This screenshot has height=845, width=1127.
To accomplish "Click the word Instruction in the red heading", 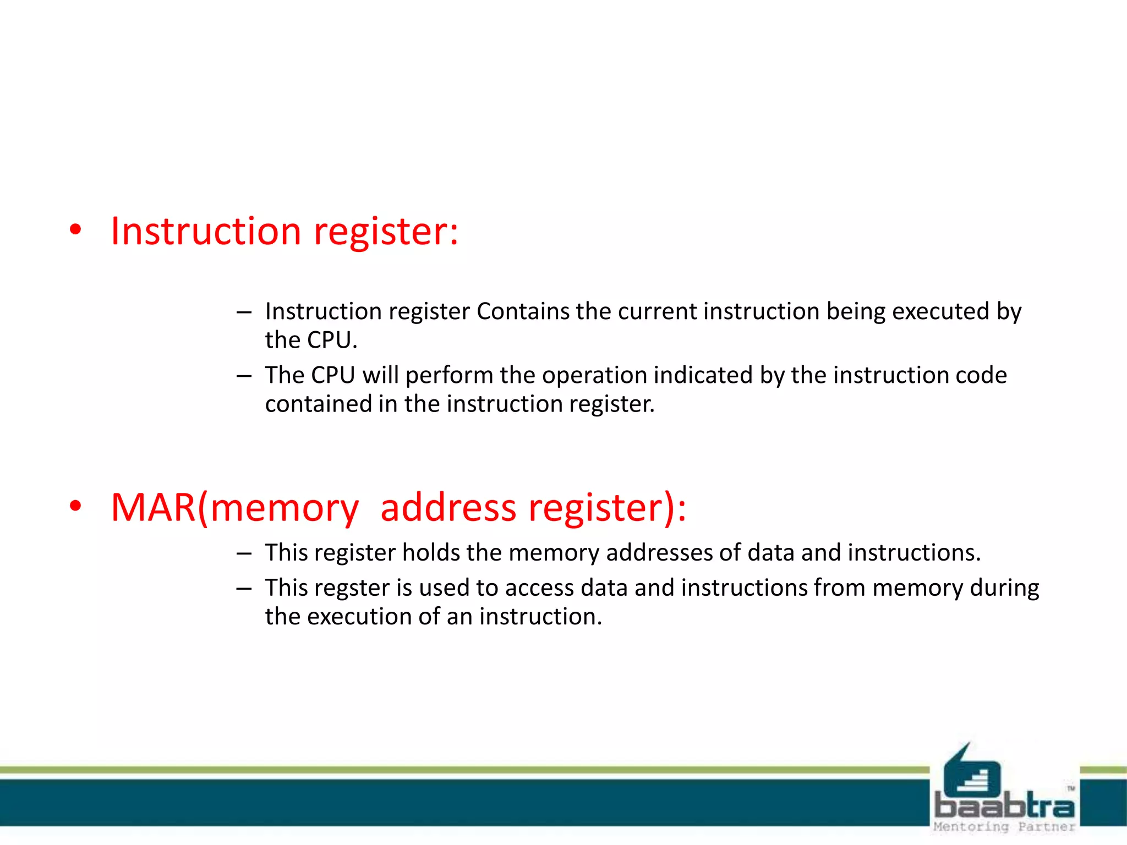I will (206, 231).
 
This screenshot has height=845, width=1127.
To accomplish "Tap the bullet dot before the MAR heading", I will (76, 506).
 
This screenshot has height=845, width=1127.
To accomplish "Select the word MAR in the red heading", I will (154, 507).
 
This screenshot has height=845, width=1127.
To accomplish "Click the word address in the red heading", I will (448, 507).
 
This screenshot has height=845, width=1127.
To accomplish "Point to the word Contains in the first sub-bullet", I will (523, 311).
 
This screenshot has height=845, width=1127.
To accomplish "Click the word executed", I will (940, 311).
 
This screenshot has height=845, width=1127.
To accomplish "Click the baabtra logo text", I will (1004, 807).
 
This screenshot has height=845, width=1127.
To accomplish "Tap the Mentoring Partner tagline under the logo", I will (1004, 827).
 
